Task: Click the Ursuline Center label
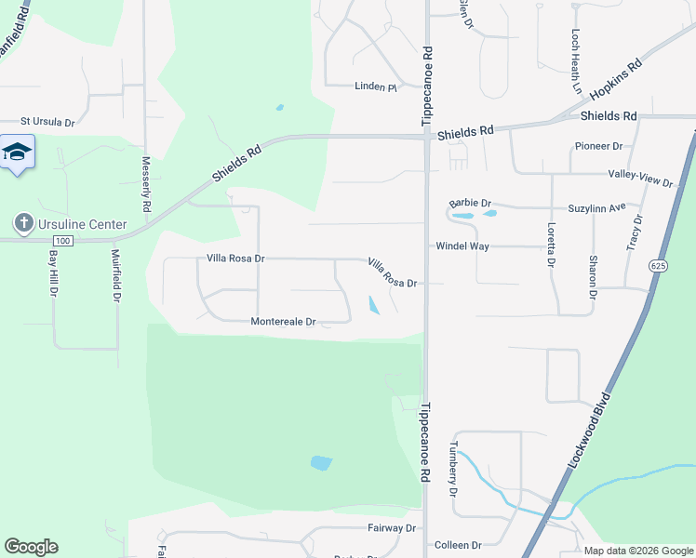pos(83,224)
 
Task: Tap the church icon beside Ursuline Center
pos(23,223)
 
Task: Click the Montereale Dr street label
pos(284,322)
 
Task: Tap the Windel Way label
pos(462,246)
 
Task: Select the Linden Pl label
pos(376,86)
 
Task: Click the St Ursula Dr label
pos(47,121)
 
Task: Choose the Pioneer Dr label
pos(598,146)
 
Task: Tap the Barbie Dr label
pos(470,202)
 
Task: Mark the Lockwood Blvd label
pos(589,433)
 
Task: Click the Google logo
pos(31,547)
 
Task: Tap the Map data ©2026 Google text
pos(638,551)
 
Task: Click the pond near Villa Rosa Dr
pos(374,306)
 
